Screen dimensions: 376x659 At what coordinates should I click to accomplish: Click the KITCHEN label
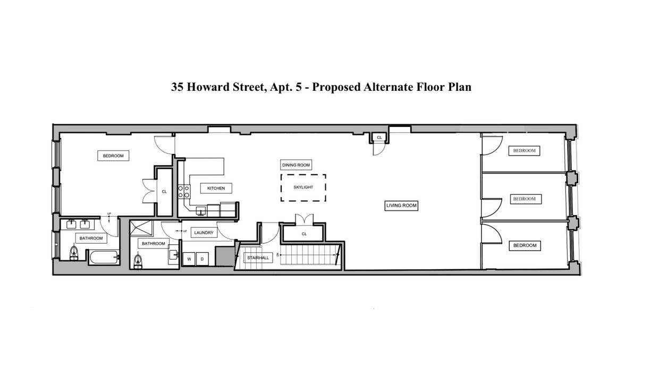point(216,188)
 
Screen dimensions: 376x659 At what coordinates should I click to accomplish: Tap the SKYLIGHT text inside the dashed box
point(303,187)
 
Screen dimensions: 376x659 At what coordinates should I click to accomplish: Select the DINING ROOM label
point(296,165)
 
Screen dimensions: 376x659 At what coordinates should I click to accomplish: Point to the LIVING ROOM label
point(401,206)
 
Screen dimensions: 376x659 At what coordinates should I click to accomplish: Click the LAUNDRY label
point(204,233)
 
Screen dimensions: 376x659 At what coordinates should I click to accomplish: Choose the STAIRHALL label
point(258,258)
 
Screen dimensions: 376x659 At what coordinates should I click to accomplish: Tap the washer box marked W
point(189,259)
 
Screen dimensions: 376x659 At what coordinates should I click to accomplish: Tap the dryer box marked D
point(202,259)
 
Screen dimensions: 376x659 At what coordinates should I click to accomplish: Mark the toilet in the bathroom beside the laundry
point(139,260)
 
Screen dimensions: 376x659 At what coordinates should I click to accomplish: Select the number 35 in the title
point(178,87)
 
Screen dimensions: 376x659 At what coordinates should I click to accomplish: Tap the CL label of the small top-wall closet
point(379,138)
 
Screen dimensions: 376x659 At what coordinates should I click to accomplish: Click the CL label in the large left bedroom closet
point(164,192)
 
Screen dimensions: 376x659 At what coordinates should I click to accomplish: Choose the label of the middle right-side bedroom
point(524,199)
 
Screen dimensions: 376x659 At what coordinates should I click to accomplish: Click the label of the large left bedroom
point(113,156)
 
